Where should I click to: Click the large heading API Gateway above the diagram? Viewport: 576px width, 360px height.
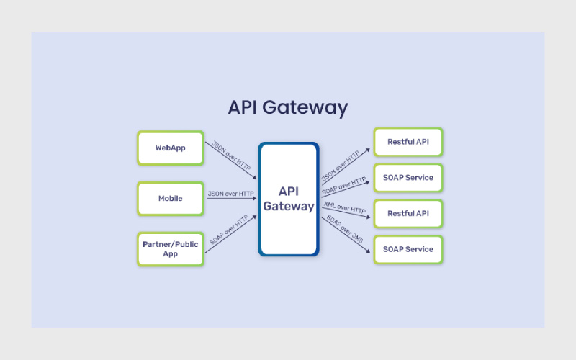pyautogui.click(x=288, y=107)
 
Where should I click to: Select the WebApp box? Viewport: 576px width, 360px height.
pyautogui.click(x=171, y=148)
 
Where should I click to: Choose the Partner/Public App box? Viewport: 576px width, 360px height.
pyautogui.click(x=171, y=249)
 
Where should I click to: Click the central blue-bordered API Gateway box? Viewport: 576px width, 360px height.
pyautogui.click(x=289, y=199)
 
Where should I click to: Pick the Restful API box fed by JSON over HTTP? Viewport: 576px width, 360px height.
pyautogui.click(x=408, y=142)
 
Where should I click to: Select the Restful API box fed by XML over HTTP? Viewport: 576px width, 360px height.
pyautogui.click(x=408, y=214)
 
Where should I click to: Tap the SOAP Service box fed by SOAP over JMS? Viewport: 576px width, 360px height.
pyautogui.click(x=408, y=249)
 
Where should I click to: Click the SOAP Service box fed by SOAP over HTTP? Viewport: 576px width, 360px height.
pyautogui.click(x=408, y=178)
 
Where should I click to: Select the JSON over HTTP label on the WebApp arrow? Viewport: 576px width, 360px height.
pyautogui.click(x=230, y=153)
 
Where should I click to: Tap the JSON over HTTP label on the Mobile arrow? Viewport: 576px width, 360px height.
pyautogui.click(x=230, y=194)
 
